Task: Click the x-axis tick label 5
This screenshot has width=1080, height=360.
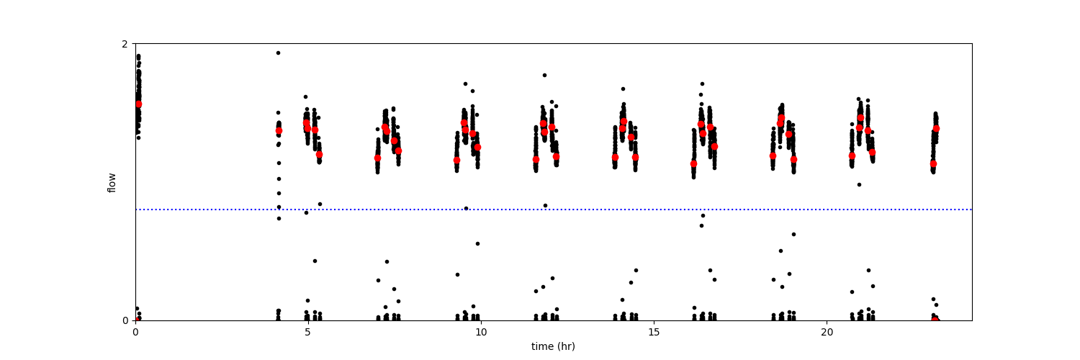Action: tap(307, 333)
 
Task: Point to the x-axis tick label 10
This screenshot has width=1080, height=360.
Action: tap(480, 333)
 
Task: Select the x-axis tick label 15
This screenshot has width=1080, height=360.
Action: tap(654, 333)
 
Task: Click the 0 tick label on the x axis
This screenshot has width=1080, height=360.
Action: tap(135, 333)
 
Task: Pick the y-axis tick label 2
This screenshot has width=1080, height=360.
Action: tap(125, 44)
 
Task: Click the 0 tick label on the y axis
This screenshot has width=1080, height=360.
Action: tap(125, 320)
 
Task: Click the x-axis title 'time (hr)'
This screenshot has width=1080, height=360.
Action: tap(553, 346)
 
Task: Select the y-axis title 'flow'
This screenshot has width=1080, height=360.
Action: tap(112, 182)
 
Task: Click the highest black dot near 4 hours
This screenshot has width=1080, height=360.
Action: tap(278, 53)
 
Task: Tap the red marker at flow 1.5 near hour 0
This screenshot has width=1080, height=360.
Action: tap(138, 104)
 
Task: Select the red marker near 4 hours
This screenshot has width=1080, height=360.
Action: tap(279, 130)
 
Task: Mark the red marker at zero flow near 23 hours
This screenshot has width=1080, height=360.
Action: tap(935, 320)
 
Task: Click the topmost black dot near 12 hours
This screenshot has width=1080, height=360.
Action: tap(544, 75)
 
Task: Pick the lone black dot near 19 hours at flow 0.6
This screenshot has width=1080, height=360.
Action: tap(793, 234)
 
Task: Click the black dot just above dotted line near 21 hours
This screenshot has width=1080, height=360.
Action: tap(859, 184)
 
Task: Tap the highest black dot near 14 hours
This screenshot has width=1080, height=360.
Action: tap(623, 89)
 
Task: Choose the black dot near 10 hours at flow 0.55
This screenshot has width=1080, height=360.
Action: tap(477, 243)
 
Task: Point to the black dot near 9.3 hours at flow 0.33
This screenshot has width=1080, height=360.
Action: tap(457, 274)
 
